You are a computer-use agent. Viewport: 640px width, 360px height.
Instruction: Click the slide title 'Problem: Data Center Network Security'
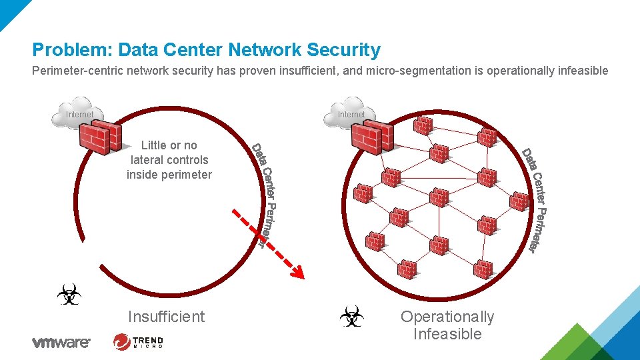tap(207, 50)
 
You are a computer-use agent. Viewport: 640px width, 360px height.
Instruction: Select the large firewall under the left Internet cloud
tap(100, 139)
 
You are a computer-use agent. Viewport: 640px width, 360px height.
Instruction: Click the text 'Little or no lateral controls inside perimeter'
tap(169, 160)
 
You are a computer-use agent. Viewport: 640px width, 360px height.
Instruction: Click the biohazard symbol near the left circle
tap(69, 294)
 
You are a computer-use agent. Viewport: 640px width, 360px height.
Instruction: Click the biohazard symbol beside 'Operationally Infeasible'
tap(352, 317)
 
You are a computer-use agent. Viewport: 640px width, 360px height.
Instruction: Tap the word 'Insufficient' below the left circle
tap(167, 317)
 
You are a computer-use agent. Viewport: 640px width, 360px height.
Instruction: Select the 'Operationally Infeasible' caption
tap(447, 325)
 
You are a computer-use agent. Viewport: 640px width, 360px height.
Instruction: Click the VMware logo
tap(61, 343)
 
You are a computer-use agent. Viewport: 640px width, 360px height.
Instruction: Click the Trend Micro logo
tap(139, 342)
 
